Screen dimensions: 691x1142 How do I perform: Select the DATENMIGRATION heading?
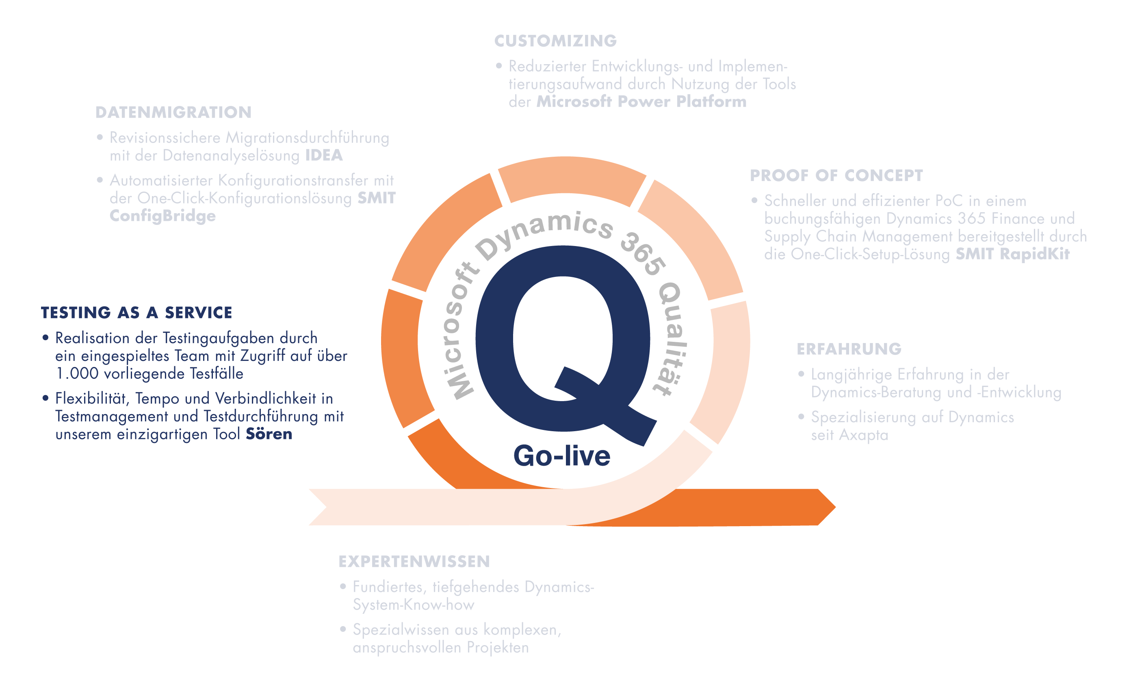(x=173, y=112)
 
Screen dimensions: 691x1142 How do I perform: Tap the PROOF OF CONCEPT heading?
(x=836, y=175)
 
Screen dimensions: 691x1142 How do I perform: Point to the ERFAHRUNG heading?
(x=849, y=349)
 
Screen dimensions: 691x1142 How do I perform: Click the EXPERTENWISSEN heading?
(x=414, y=561)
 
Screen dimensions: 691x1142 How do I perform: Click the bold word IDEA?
(x=323, y=155)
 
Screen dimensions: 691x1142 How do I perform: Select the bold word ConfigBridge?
(x=162, y=216)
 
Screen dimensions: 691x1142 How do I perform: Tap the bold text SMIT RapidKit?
(x=1012, y=254)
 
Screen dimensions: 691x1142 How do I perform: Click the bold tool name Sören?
(x=269, y=434)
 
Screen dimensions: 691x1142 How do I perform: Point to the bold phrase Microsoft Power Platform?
(x=641, y=101)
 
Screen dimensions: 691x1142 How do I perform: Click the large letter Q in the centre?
(x=563, y=343)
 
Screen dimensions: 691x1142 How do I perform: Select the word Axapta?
(x=863, y=435)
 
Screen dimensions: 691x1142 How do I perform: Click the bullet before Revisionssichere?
(x=100, y=137)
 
